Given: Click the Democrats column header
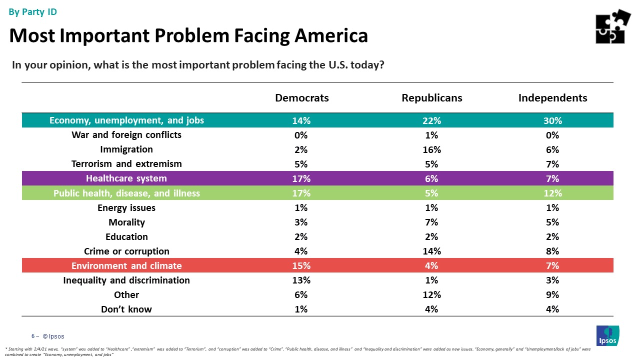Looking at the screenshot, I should [302, 98].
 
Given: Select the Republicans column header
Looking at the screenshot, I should [432, 98].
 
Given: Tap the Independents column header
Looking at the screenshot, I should [552, 98].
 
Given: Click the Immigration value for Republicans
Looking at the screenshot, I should [432, 149].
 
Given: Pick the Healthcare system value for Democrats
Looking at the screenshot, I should [302, 178].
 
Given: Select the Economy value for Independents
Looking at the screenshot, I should [552, 120].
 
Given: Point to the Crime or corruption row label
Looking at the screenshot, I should [126, 251].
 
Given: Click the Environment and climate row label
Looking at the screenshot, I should [126, 265].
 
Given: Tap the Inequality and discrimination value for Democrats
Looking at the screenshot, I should [302, 280].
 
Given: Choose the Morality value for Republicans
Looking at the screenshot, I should [432, 222].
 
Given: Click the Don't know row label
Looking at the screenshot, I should [126, 309].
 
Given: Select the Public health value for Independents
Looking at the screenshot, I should [552, 193].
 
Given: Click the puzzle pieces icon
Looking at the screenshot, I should [612, 26].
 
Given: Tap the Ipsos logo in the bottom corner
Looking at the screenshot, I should [607, 335].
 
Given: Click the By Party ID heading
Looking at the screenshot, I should [33, 12].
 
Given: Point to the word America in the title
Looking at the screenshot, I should [330, 35].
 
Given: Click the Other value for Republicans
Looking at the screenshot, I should [432, 294].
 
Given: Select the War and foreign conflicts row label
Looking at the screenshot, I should [126, 135].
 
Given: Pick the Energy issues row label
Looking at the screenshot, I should [126, 207].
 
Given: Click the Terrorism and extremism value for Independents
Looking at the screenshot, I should [552, 164].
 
